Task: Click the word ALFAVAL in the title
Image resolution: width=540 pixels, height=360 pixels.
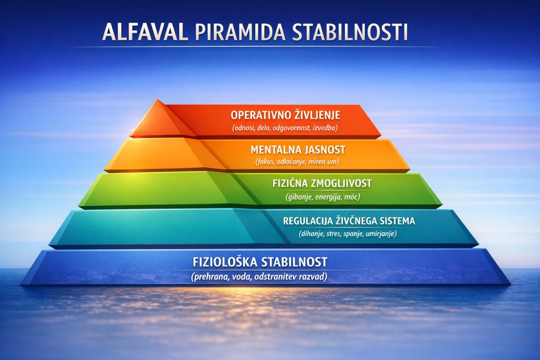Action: coord(145,32)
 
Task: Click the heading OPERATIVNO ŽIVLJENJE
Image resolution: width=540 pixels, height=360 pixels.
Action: coord(285,115)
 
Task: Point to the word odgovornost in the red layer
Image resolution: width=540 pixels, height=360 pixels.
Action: coord(294,128)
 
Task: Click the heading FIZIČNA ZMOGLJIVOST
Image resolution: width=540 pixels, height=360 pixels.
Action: coord(323,183)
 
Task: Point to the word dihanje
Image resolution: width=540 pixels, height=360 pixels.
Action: coord(312,234)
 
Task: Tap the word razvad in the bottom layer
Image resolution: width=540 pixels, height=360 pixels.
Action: coord(313,276)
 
